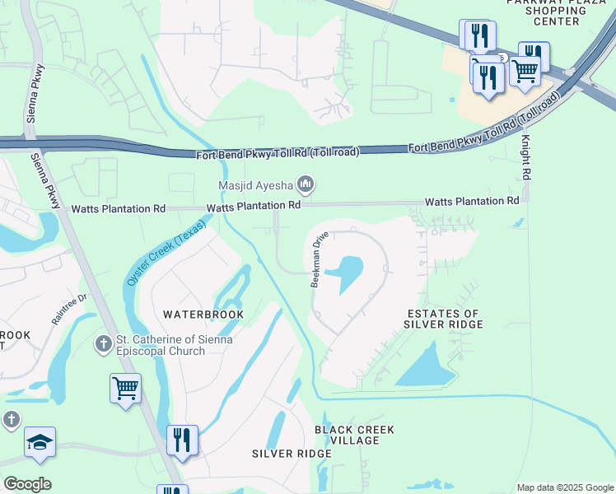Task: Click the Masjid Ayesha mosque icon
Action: [306, 184]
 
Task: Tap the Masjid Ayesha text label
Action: [256, 184]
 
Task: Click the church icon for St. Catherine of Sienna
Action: [103, 343]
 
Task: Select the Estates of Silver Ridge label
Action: [442, 319]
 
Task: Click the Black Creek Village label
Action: [355, 435]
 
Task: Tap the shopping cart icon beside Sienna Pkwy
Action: [125, 387]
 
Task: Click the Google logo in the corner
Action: [27, 483]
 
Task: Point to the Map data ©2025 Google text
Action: [565, 487]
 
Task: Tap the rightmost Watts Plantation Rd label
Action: [471, 201]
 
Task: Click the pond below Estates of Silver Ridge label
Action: [427, 367]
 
